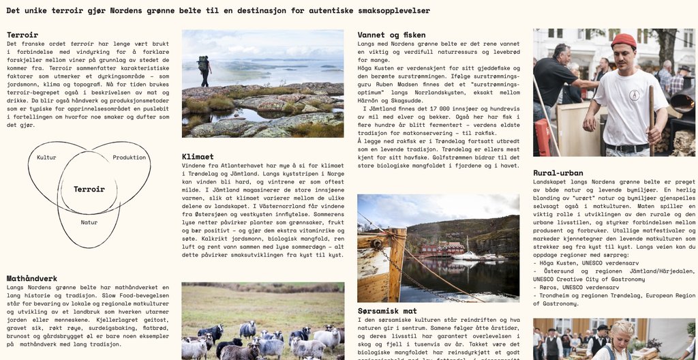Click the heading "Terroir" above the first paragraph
(x=22, y=34)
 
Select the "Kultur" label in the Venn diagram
(x=46, y=157)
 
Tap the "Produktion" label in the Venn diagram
(x=130, y=157)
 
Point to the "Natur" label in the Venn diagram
(x=89, y=222)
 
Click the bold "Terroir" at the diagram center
(x=89, y=189)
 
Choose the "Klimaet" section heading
(x=198, y=156)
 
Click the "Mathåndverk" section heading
(x=32, y=278)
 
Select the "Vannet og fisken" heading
(x=391, y=34)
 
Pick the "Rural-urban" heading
(x=558, y=172)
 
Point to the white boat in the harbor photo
(x=468, y=256)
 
